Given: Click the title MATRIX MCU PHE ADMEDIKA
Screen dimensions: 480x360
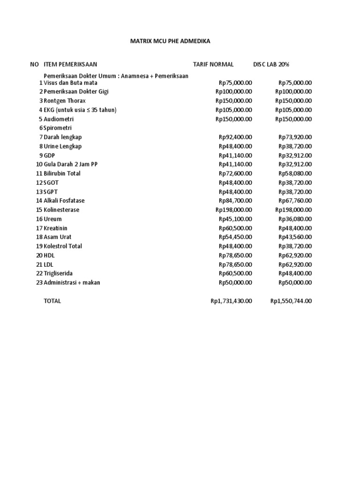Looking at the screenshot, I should click(x=170, y=41).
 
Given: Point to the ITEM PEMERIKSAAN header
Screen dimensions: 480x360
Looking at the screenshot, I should click(x=70, y=64).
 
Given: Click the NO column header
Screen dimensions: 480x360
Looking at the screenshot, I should click(x=34, y=64).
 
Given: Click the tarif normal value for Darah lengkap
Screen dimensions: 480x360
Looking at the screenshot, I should click(x=235, y=137).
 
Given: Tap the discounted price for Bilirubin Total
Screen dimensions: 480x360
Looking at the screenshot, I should click(x=295, y=173).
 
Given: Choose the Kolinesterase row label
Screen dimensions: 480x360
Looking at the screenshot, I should click(x=61, y=210).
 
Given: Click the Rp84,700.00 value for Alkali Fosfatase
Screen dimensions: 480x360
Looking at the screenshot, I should click(x=235, y=201).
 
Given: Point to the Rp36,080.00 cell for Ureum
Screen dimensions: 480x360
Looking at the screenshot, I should click(x=295, y=219).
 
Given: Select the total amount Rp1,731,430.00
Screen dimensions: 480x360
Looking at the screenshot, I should click(x=231, y=301).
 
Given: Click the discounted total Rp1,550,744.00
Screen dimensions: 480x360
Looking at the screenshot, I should click(x=291, y=301).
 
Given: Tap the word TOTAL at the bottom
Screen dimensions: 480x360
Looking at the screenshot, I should click(x=52, y=301).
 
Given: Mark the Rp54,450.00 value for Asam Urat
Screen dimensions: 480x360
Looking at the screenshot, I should click(x=235, y=237).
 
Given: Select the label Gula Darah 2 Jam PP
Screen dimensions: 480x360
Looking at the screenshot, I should click(x=70, y=165).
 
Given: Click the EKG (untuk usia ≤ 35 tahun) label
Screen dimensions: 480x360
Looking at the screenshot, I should click(x=80, y=110).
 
